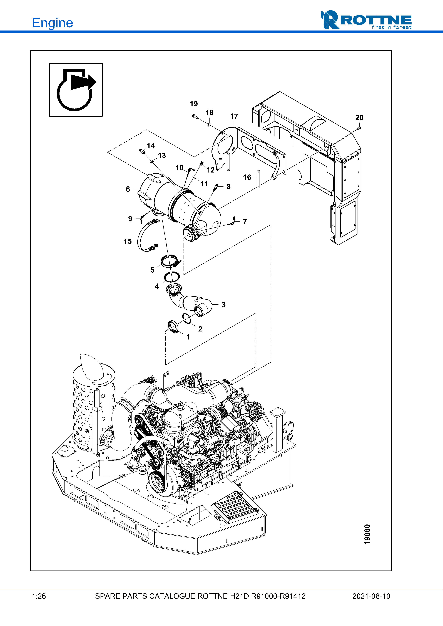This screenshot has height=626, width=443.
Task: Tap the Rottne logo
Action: [366, 20]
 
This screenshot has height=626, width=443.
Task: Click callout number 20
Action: [359, 118]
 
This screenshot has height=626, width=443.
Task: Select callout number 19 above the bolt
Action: [194, 104]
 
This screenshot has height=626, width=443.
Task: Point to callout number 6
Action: [128, 189]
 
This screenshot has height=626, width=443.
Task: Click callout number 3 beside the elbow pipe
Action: [223, 305]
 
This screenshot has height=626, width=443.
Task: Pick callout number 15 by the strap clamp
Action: [128, 241]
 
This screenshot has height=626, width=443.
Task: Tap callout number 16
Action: [247, 178]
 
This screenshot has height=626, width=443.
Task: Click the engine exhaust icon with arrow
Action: [76, 90]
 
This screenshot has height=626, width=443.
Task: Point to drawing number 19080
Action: [367, 534]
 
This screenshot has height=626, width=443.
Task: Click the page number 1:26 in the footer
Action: [39, 596]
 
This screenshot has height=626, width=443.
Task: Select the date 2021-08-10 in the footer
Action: [371, 596]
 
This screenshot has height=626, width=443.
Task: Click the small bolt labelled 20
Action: [359, 127]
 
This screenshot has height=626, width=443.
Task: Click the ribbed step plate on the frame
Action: [235, 507]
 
